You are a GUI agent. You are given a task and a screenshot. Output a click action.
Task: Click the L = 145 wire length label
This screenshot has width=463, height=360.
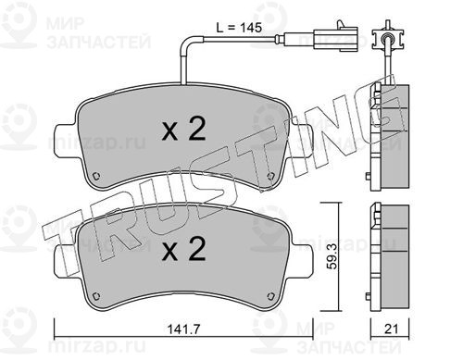point(239,28)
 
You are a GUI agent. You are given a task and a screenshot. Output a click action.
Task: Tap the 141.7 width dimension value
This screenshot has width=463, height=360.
point(184,329)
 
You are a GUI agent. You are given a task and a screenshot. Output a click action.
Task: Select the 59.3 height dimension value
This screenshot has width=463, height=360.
point(332,255)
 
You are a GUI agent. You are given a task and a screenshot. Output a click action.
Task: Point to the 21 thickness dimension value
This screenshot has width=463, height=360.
point(391,329)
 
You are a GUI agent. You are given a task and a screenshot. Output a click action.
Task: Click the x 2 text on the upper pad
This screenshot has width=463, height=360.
point(184,130)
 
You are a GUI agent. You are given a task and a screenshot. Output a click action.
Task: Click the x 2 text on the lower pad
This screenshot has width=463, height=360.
point(184,249)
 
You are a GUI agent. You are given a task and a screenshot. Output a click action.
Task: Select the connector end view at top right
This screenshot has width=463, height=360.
point(388,38)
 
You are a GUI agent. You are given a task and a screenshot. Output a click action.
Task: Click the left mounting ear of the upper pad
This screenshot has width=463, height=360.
point(66,142)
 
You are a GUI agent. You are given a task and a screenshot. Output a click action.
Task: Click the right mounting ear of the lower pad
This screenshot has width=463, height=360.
point(302,261)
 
